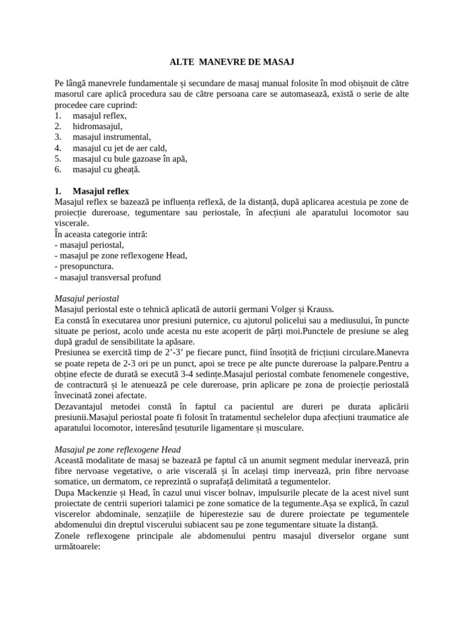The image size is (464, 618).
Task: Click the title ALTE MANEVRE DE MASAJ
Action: click(x=232, y=62)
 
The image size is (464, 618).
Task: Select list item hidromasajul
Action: click(x=97, y=126)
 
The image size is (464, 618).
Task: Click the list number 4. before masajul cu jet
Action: click(x=58, y=148)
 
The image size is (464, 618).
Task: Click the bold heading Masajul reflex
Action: click(x=101, y=191)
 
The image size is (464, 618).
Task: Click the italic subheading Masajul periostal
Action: click(x=87, y=299)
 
